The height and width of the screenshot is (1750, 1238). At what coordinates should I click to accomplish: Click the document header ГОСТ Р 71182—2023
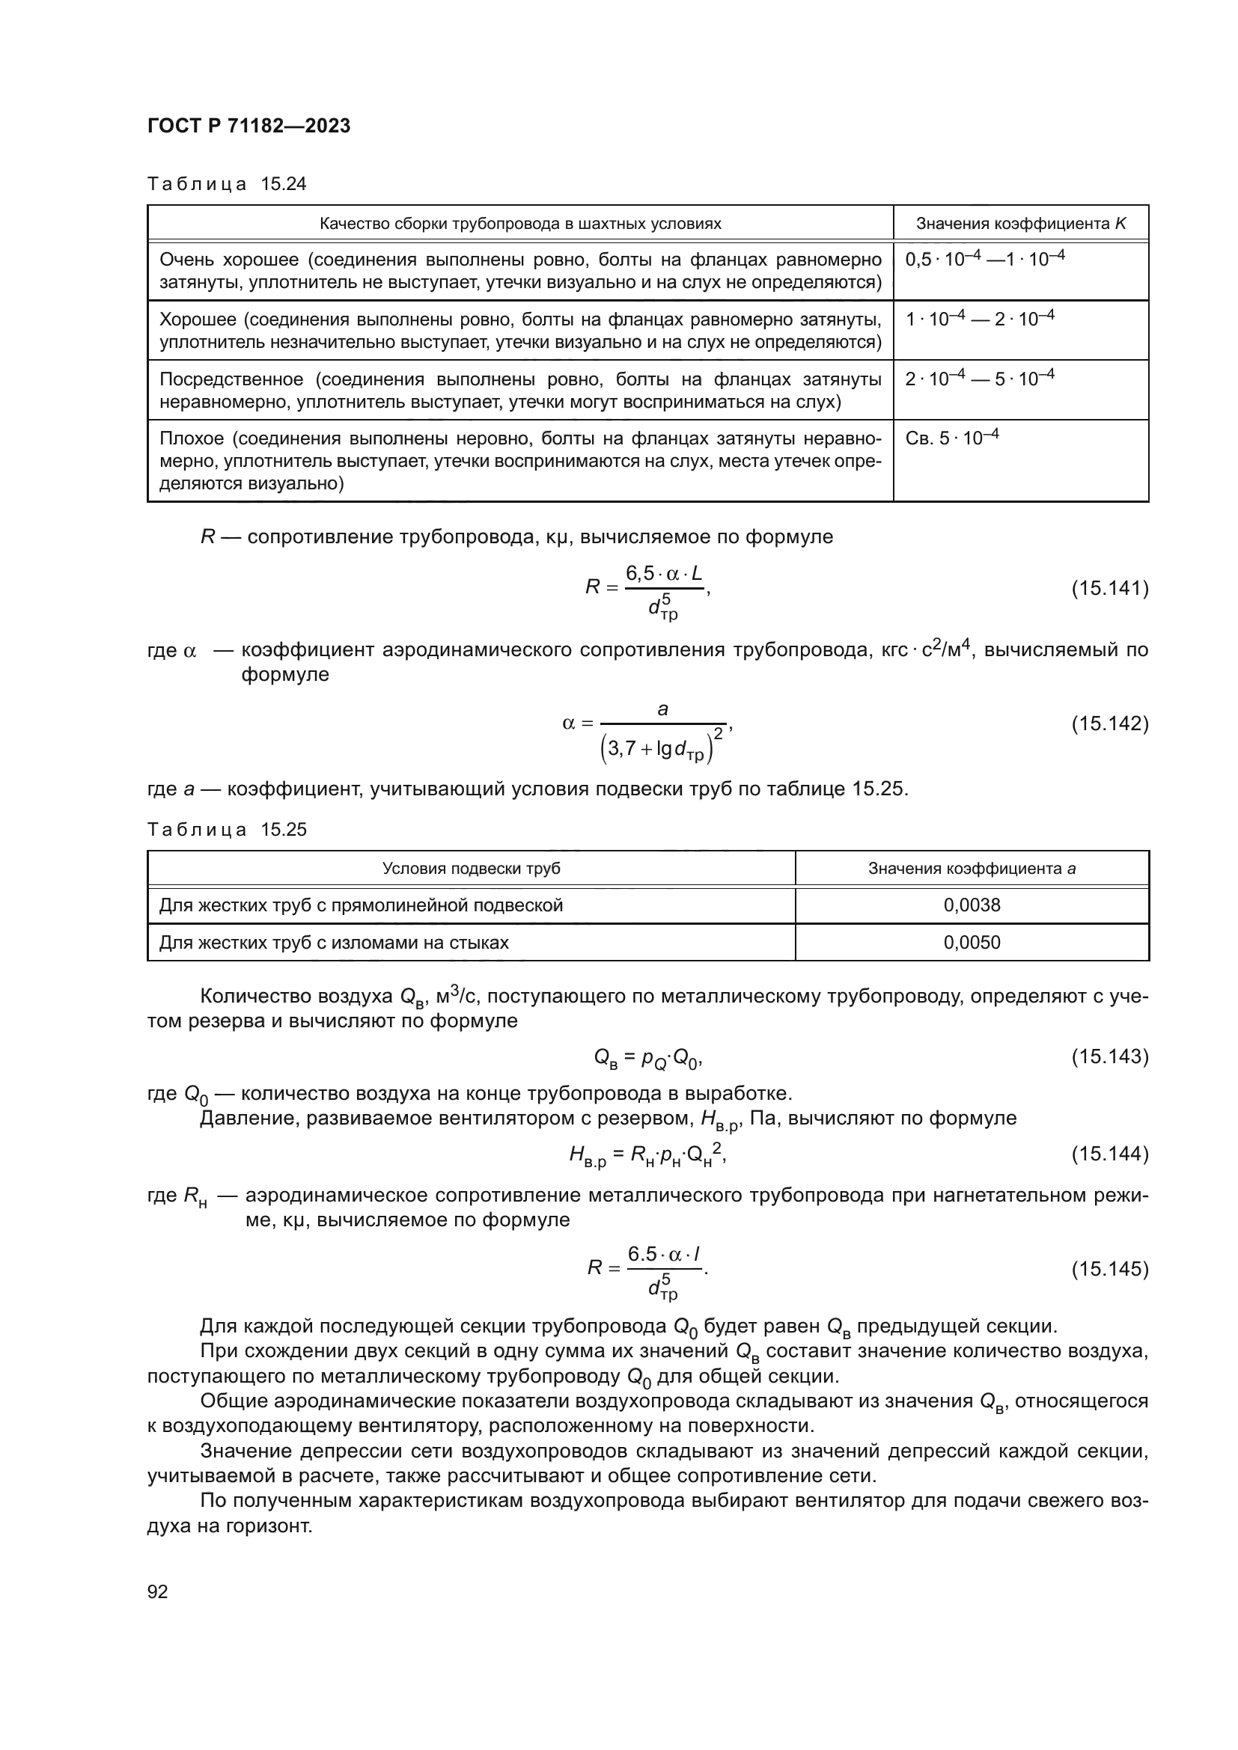point(248,126)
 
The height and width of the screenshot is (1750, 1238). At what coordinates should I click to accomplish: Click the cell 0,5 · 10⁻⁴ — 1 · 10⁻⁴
point(984,259)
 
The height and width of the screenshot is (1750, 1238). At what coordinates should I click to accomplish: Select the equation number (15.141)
point(1109,588)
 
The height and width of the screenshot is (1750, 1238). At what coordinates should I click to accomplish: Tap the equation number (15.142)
point(1109,723)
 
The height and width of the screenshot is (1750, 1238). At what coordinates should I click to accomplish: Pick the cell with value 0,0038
point(972,905)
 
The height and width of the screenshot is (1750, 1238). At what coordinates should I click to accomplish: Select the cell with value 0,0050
point(972,943)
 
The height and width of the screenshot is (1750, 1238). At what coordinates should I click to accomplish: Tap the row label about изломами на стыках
point(333,943)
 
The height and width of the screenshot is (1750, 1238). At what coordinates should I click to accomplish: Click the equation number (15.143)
point(1109,1056)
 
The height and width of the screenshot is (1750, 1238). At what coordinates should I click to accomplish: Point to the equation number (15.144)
point(1109,1154)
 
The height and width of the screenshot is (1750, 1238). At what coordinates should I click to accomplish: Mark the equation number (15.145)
point(1109,1269)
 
